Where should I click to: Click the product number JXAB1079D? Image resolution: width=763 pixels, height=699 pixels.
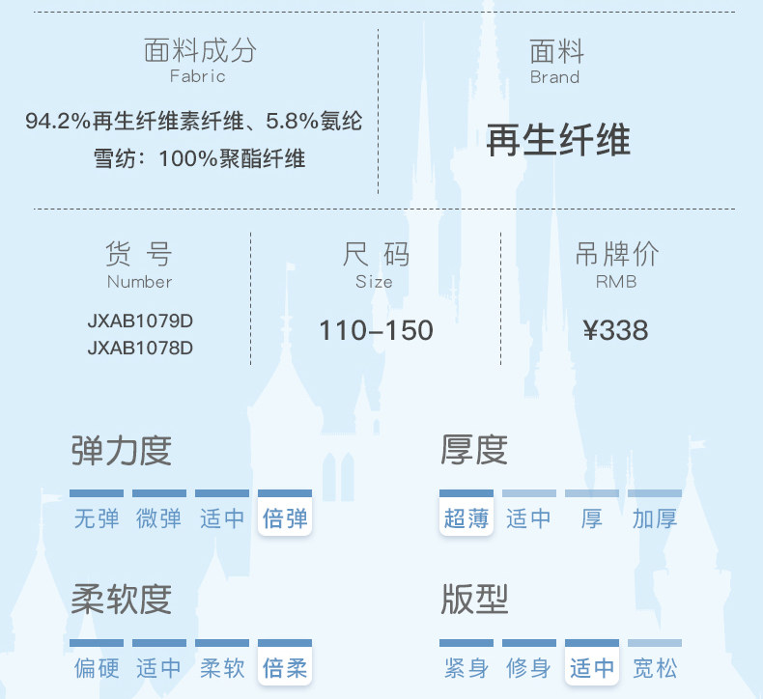click(140, 321)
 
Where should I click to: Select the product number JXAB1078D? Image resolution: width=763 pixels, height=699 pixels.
click(140, 348)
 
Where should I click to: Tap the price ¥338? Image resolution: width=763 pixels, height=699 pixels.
click(616, 331)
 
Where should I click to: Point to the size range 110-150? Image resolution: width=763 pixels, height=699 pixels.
click(376, 331)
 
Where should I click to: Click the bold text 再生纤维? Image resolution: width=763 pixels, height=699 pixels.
click(558, 141)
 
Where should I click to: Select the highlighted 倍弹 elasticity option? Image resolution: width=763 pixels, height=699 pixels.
click(285, 518)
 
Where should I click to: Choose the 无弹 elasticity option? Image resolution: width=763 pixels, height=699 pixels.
click(97, 518)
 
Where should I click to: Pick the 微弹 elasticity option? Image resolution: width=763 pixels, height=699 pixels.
click(159, 518)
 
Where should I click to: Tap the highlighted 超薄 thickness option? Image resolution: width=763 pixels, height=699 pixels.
click(466, 518)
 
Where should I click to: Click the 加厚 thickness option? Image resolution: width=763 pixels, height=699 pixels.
click(655, 518)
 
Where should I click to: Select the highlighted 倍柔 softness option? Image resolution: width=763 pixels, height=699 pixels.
click(285, 667)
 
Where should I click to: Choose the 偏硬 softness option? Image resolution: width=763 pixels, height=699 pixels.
click(97, 667)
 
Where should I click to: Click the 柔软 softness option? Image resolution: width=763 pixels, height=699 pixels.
click(222, 667)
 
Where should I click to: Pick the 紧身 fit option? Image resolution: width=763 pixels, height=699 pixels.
click(466, 667)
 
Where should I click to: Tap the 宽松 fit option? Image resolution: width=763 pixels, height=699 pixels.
click(655, 667)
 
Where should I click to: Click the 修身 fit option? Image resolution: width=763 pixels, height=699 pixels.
click(529, 667)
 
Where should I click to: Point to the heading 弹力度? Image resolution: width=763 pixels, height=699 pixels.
click(122, 451)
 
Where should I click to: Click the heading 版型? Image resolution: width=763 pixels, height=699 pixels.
click(474, 600)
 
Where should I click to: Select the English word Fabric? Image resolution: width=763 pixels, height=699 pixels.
click(198, 76)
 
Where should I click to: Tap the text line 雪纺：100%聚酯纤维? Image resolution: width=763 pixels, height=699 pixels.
click(200, 158)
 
